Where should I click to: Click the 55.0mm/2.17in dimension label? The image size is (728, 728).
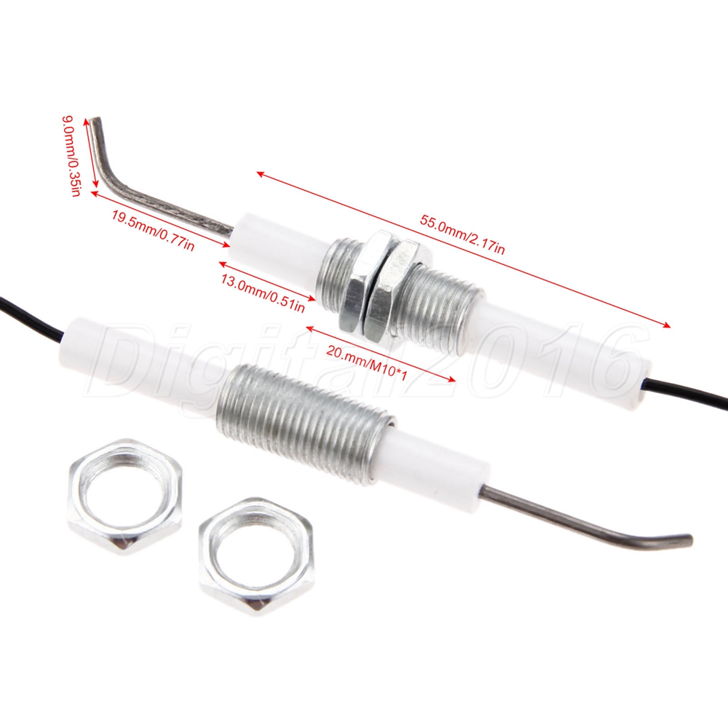(462, 234)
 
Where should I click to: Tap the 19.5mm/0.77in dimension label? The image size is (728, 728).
(153, 230)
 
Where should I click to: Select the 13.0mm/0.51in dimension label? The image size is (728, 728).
(263, 293)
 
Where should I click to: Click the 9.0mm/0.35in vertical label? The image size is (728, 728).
(71, 157)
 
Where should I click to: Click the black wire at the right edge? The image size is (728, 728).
(687, 392)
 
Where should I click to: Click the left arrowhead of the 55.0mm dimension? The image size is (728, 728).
(261, 174)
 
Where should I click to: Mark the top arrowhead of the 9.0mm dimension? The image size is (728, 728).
(86, 122)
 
